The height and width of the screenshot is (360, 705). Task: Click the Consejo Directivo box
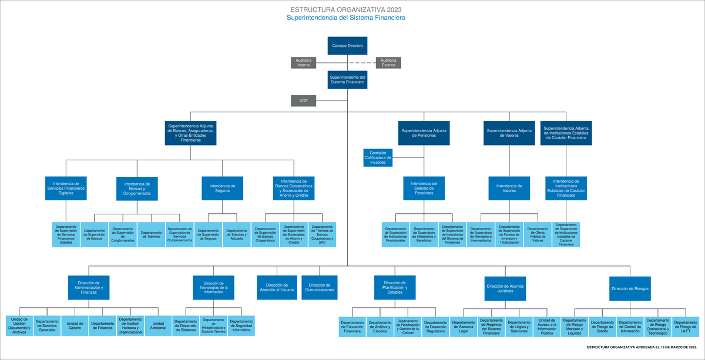347,46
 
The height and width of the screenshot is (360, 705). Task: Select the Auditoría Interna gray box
304,63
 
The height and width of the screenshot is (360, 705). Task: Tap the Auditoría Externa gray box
388,63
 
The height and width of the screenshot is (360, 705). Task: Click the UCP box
304,101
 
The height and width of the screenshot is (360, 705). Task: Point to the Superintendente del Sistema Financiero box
347,80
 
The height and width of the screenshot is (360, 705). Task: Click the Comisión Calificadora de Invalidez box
378,157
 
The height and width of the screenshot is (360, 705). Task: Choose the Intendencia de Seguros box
222,189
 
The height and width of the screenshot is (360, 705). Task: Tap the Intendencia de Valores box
509,189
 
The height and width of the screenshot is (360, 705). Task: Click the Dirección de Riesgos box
630,288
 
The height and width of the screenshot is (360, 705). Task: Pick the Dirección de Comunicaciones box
321,287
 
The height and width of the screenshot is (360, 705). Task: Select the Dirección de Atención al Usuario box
278,287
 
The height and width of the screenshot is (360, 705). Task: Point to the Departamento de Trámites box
151,234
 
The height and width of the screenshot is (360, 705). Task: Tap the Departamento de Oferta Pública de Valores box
538,234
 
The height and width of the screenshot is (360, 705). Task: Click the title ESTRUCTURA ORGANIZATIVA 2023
346,10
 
